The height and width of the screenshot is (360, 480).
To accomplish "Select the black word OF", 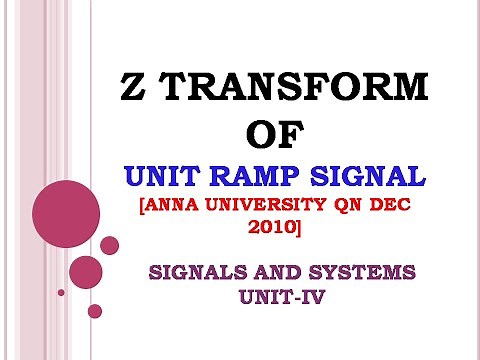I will point(272,136).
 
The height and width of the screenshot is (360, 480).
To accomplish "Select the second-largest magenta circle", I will point(86,272).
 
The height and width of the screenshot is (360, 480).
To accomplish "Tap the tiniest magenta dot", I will point(61,292).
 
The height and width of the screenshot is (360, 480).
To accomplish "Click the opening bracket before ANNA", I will point(136,207).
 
